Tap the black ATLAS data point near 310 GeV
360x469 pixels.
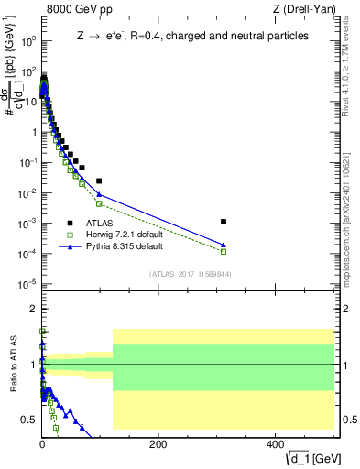point(224,222)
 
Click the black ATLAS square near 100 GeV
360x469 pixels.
point(99,180)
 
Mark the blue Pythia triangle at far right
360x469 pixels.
point(224,245)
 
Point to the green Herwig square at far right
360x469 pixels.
point(224,251)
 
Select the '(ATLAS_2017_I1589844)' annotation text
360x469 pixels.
point(191,273)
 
